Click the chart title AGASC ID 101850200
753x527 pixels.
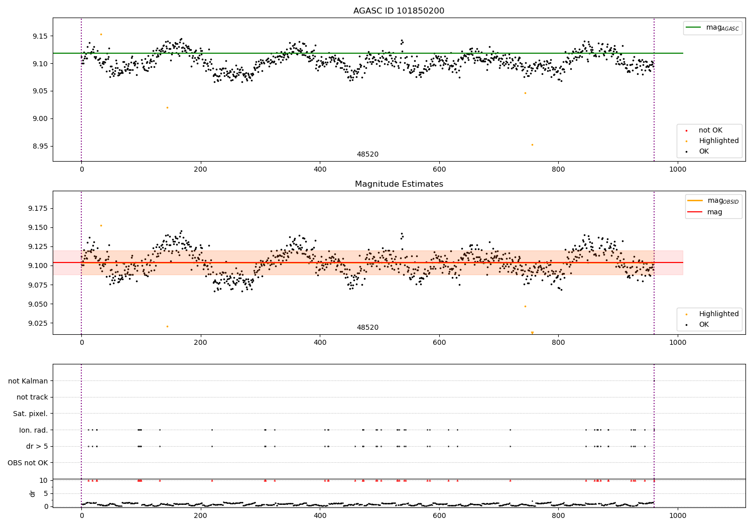(x=399, y=11)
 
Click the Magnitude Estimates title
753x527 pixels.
(x=399, y=184)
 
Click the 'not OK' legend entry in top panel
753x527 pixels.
(x=710, y=130)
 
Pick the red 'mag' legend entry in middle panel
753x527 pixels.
(x=714, y=212)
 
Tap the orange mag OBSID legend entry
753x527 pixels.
(x=722, y=201)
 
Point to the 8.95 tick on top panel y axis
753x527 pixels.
(x=39, y=146)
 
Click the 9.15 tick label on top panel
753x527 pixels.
(x=39, y=36)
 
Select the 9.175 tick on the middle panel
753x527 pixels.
(x=37, y=208)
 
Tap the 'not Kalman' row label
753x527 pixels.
(x=28, y=381)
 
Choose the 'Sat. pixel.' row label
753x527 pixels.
(x=31, y=414)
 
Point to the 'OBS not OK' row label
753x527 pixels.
(x=28, y=463)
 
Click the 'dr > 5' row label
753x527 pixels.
(x=37, y=446)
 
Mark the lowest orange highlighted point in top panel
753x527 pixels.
(x=532, y=145)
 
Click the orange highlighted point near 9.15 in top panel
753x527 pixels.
(x=101, y=34)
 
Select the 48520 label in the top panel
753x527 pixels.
(x=367, y=155)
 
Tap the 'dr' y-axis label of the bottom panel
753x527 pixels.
(x=33, y=493)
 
